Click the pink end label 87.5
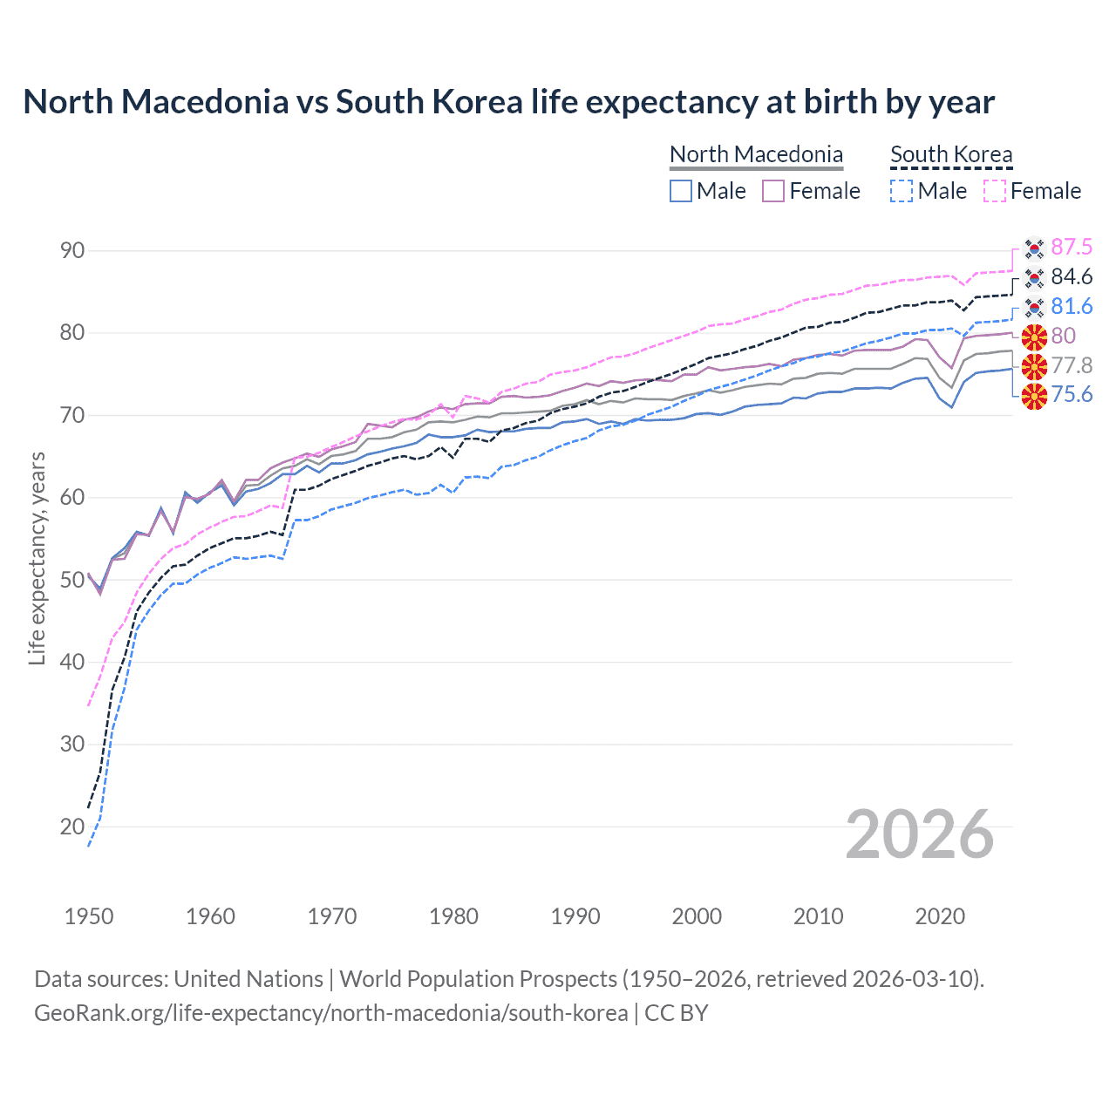click(x=1072, y=248)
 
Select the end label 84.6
click(x=1072, y=277)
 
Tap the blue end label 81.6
click(x=1072, y=307)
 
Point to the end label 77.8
click(x=1072, y=365)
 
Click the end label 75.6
click(x=1072, y=395)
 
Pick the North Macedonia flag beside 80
click(x=1034, y=337)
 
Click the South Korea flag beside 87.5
click(x=1034, y=248)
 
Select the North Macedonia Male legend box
click(x=681, y=191)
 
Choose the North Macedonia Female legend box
click(x=773, y=191)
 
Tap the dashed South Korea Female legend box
click(x=995, y=191)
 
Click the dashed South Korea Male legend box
click(x=902, y=191)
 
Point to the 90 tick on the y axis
click(x=72, y=251)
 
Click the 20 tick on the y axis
click(x=72, y=827)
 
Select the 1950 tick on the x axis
click(x=89, y=916)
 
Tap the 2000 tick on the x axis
click(x=697, y=916)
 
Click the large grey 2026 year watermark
click(x=920, y=834)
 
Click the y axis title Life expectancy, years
click(x=37, y=558)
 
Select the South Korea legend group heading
click(x=951, y=154)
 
